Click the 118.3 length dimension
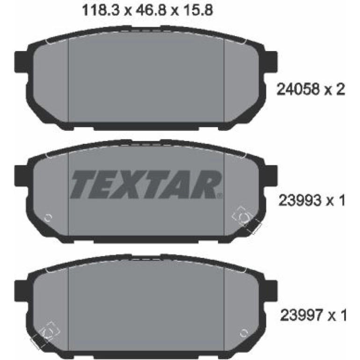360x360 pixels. [x=101, y=11]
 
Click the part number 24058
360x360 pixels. [x=298, y=89]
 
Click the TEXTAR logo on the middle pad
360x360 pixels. [x=145, y=184]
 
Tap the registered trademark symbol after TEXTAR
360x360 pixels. [x=219, y=195]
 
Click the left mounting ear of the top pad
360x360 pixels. [x=21, y=62]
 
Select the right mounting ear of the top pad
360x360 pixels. [x=271, y=62]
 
